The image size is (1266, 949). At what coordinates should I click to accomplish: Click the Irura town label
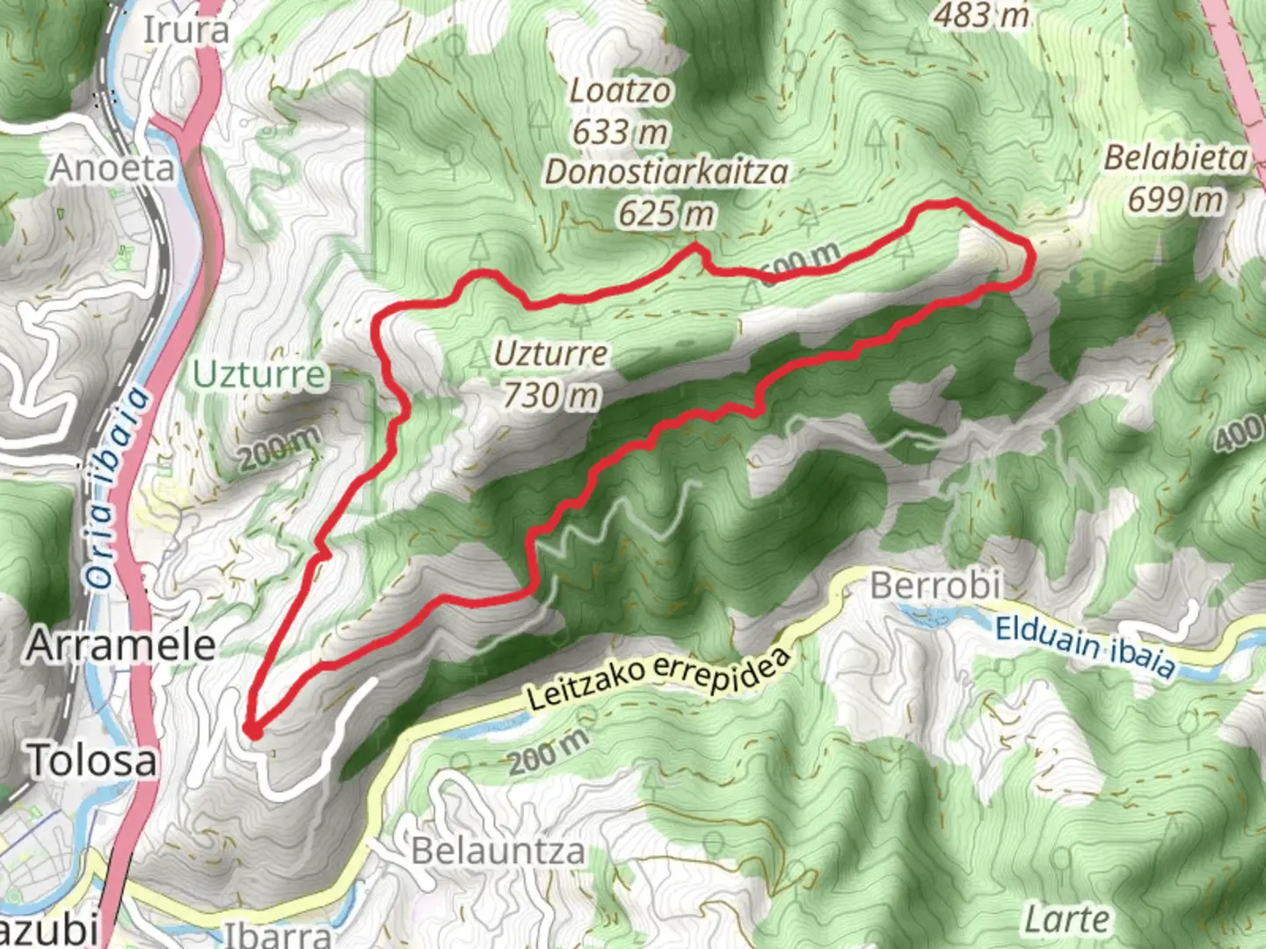click(186, 30)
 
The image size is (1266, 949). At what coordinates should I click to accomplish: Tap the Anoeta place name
click(113, 167)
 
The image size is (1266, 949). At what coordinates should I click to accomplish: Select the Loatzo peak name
click(621, 91)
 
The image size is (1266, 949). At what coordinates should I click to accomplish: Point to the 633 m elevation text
click(621, 132)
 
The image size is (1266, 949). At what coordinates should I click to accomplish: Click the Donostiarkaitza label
click(666, 171)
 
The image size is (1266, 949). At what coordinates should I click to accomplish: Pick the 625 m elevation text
click(666, 213)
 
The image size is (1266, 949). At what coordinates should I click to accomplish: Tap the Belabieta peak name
click(1175, 158)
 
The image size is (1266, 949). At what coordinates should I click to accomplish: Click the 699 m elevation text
click(1175, 200)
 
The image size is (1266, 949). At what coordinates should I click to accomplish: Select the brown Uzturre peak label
click(550, 353)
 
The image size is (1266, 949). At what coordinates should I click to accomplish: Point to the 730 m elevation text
click(550, 395)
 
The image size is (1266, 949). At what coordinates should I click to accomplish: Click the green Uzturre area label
click(258, 375)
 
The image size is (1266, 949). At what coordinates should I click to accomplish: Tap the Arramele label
click(121, 645)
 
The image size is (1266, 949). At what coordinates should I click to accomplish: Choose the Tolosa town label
click(93, 760)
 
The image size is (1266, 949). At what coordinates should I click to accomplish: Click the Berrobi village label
click(935, 584)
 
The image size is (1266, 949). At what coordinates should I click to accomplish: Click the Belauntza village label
click(498, 851)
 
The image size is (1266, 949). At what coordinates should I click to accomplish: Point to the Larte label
click(1066, 920)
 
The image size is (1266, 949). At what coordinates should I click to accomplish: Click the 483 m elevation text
click(981, 14)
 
